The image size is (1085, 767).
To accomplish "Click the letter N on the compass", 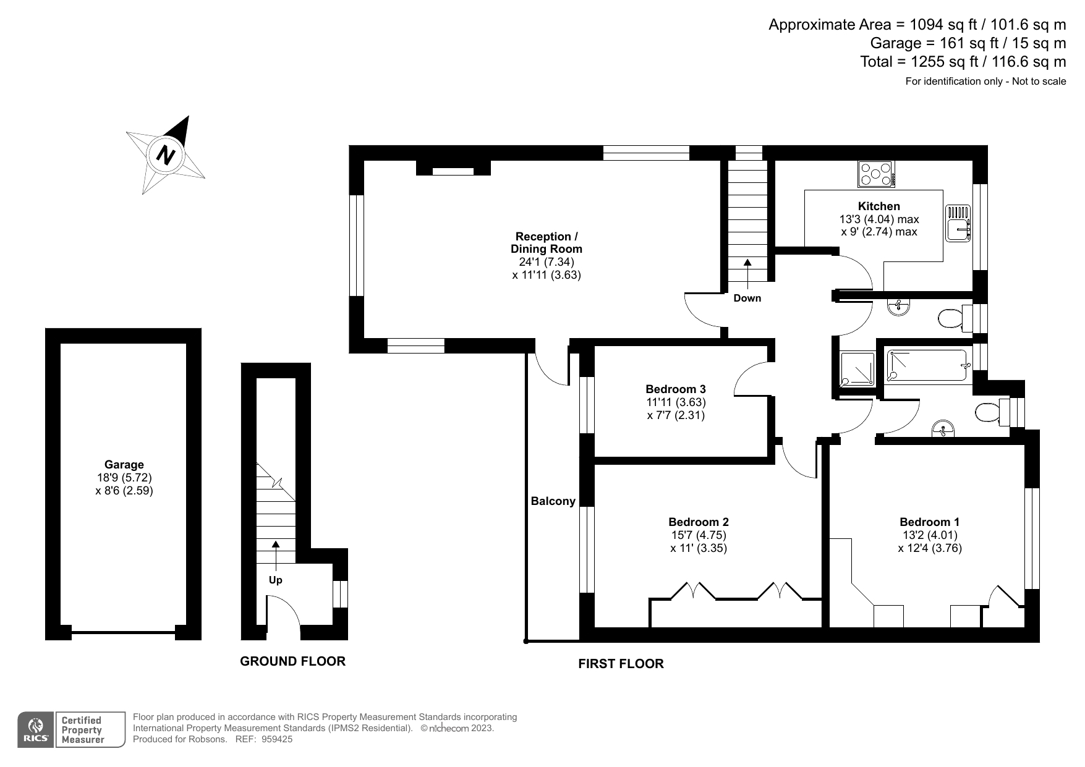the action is pyautogui.click(x=165, y=155).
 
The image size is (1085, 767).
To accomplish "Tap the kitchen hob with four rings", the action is pyautogui.click(x=876, y=174).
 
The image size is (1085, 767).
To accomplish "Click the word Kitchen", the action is pyautogui.click(x=879, y=206).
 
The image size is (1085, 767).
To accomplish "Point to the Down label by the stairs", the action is pyautogui.click(x=747, y=299).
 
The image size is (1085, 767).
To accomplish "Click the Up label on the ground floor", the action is pyautogui.click(x=275, y=580).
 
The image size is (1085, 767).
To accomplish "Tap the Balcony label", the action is pyautogui.click(x=553, y=501).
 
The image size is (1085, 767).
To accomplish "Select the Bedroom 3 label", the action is pyautogui.click(x=676, y=389).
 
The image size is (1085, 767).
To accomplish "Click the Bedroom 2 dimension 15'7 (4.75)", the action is pyautogui.click(x=699, y=535).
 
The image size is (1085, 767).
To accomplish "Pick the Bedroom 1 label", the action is pyautogui.click(x=930, y=522).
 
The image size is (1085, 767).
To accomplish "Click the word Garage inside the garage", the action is pyautogui.click(x=124, y=465).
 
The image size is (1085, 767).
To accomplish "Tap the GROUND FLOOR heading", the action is pyautogui.click(x=292, y=661).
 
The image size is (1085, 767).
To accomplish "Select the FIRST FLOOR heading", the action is pyautogui.click(x=621, y=664).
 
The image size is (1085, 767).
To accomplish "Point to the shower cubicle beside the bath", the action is pyautogui.click(x=857, y=370).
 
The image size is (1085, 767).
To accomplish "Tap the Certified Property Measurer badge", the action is pyautogui.click(x=90, y=730).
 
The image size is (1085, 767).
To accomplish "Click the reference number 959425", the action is pyautogui.click(x=277, y=739).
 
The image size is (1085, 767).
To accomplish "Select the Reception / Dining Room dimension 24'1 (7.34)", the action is pyautogui.click(x=547, y=262).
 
